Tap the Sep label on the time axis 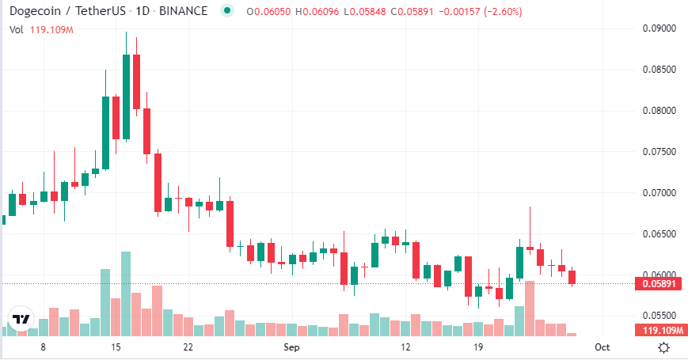(292, 347)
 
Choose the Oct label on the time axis (602, 347)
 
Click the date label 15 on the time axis (116, 347)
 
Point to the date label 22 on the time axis (188, 347)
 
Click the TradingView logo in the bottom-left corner (21, 320)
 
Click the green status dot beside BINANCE (228, 11)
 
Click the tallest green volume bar (126, 293)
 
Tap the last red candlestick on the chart (572, 277)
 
